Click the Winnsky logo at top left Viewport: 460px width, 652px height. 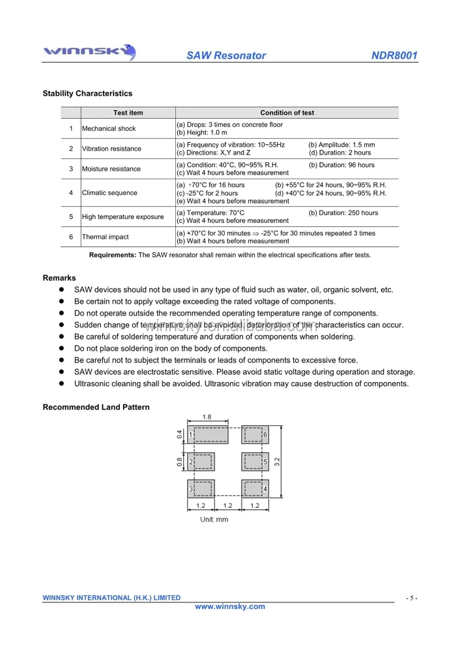click(x=89, y=52)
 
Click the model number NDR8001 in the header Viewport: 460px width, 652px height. click(x=394, y=55)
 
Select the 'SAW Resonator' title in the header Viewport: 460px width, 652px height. click(x=226, y=55)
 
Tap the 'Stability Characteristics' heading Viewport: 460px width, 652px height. click(x=87, y=94)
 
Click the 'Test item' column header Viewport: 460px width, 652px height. click(x=128, y=113)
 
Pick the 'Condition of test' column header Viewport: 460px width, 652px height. click(x=287, y=113)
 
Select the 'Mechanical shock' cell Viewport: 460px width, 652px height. click(x=109, y=128)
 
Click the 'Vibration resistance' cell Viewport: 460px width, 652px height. click(x=111, y=149)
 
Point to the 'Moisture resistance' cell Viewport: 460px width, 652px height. click(x=111, y=169)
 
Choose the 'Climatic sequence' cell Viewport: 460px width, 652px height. click(x=109, y=193)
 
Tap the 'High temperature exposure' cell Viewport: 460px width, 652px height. click(x=122, y=216)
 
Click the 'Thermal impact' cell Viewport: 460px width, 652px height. click(x=106, y=237)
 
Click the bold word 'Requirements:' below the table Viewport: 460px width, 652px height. click(x=113, y=255)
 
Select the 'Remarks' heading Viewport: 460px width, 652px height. click(x=59, y=278)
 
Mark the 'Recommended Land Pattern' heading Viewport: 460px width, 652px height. click(x=96, y=407)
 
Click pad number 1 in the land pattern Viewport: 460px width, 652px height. click(x=208, y=435)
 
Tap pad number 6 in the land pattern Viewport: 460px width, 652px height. click(x=255, y=435)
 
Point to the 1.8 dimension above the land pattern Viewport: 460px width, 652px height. click(x=207, y=417)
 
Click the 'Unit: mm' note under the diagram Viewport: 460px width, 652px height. click(x=214, y=520)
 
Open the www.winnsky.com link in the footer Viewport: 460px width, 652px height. click(x=230, y=606)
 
